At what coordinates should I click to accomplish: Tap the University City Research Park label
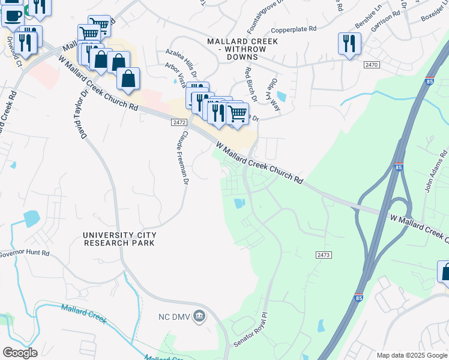119,239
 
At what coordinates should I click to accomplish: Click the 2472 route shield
179,122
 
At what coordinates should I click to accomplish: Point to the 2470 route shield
372,64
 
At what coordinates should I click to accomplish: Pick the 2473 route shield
323,255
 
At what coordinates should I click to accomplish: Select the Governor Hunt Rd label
24,254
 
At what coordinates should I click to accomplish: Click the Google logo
20,353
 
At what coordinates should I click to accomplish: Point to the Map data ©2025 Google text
411,355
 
